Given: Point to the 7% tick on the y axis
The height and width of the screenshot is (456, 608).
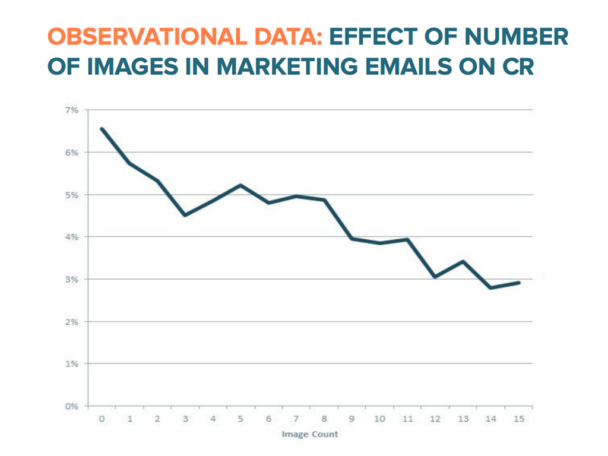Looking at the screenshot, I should pos(72,110).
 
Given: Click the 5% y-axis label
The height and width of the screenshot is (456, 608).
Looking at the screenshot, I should pos(72,195).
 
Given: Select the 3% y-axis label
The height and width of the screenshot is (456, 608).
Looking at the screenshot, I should pos(72,279).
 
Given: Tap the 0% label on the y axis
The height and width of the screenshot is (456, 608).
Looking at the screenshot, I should pos(72,406).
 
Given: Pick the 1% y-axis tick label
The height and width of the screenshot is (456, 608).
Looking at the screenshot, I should pos(72,363).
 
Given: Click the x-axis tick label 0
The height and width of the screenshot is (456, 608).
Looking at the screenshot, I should pos(102,419).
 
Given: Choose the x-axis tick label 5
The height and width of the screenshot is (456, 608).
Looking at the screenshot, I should pos(240,419).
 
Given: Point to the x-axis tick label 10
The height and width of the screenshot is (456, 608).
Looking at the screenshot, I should pos(379,419).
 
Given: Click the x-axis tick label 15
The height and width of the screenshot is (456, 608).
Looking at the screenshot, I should pos(518,419).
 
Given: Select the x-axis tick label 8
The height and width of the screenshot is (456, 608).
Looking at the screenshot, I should pos(324,419).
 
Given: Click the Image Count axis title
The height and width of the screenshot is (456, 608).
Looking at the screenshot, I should pos(310,434).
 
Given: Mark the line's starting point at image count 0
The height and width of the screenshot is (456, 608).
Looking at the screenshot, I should pos(102,129).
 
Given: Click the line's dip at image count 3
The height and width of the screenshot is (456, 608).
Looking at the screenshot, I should pos(185,215).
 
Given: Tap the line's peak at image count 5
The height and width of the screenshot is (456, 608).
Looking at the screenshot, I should pos(240,185).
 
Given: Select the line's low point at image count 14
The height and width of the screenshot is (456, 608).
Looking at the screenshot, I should pos(491,287).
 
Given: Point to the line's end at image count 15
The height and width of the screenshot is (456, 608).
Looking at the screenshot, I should pos(519,283).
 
